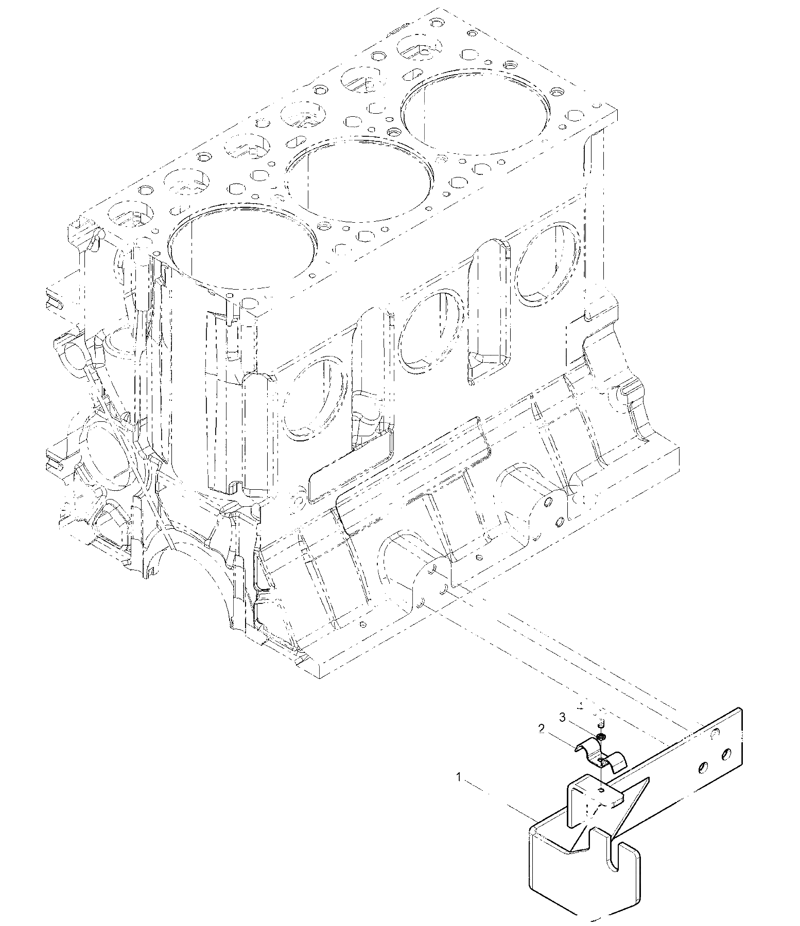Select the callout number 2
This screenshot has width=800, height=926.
(541, 728)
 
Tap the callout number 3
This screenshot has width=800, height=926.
(563, 717)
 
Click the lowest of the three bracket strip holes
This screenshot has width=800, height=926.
(701, 768)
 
